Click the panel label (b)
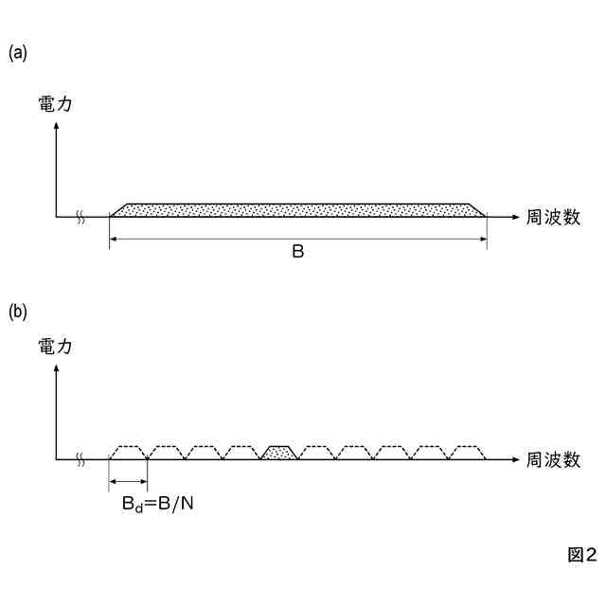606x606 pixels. click(18, 311)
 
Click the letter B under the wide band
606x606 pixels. click(297, 254)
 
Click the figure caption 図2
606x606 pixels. click(581, 555)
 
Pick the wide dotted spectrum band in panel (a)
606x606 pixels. click(298, 209)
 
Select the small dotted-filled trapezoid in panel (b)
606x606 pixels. click(281, 453)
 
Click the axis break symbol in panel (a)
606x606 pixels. click(81, 218)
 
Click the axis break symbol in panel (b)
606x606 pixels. click(81, 459)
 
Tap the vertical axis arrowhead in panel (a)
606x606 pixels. click(58, 129)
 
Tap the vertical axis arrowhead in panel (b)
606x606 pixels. click(58, 370)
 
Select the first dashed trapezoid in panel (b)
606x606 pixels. click(130, 452)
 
